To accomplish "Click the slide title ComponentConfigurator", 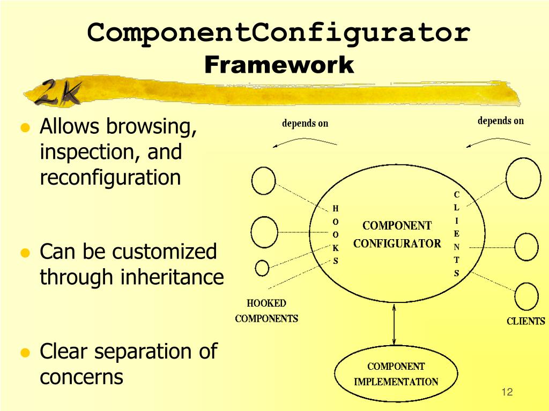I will pyautogui.click(x=279, y=33).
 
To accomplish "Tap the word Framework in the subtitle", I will pyautogui.click(x=279, y=65).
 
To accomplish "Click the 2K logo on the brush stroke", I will pyautogui.click(x=59, y=92).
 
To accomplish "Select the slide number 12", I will pyautogui.click(x=507, y=392).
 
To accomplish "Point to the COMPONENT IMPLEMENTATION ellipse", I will pyautogui.click(x=396, y=374).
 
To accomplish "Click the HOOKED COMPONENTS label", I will pyautogui.click(x=266, y=311).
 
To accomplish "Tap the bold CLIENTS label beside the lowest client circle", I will pyautogui.click(x=525, y=321).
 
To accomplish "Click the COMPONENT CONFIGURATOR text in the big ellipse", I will pyautogui.click(x=397, y=234).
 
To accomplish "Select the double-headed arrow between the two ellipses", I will pyautogui.click(x=395, y=324).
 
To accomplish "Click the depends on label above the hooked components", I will pyautogui.click(x=305, y=124).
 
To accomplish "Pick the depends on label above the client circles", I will pyautogui.click(x=500, y=121).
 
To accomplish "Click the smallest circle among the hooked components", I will pyautogui.click(x=262, y=268).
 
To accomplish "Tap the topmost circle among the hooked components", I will pyautogui.click(x=263, y=180).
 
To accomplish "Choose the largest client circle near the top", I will pyautogui.click(x=523, y=178).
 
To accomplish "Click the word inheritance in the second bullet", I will pyautogui.click(x=172, y=277).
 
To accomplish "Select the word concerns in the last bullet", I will pyautogui.click(x=81, y=377).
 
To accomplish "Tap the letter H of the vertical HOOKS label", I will pyautogui.click(x=336, y=208).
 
